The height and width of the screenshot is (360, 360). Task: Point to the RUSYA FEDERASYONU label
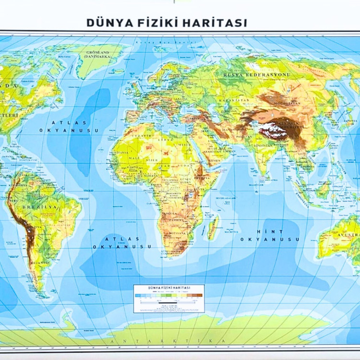(257, 75)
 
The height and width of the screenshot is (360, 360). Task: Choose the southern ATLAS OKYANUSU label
(122, 242)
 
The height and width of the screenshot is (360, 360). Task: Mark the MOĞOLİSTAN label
(280, 103)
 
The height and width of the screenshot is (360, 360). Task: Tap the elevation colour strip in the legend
(168, 296)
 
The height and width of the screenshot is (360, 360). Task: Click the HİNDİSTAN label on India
(263, 145)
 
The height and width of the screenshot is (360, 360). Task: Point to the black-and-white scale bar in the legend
(168, 303)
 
